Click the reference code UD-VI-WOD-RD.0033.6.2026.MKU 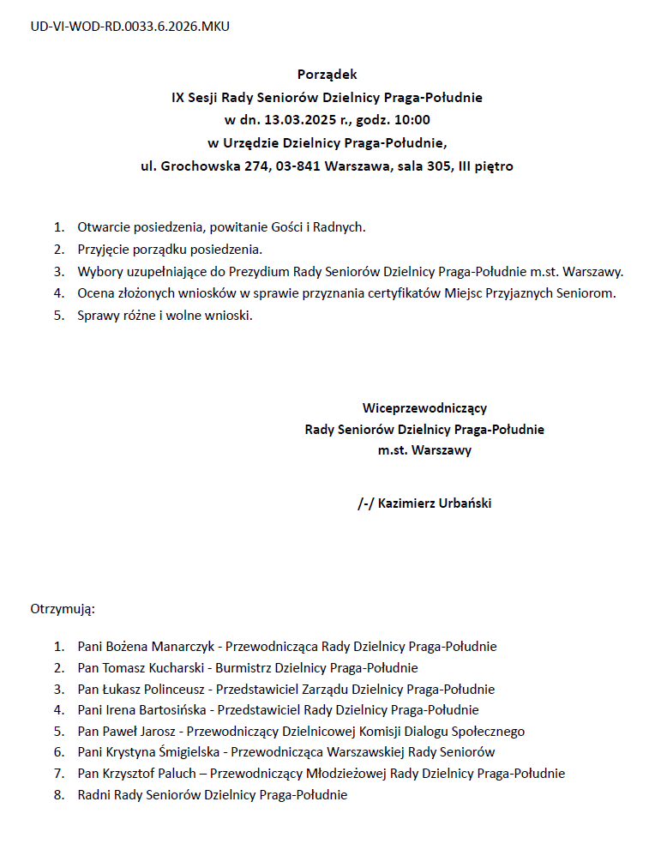[130, 26]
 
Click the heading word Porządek [327, 75]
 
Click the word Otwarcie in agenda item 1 [102, 227]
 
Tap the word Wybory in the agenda [98, 272]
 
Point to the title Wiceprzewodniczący [424, 408]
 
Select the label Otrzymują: [63, 610]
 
